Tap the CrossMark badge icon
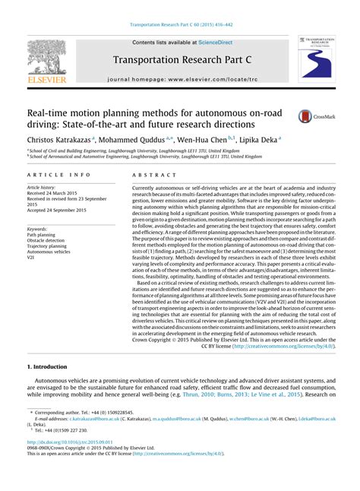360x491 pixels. (306, 116)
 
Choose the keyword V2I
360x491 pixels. (31, 258)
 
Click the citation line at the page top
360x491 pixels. (180, 25)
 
